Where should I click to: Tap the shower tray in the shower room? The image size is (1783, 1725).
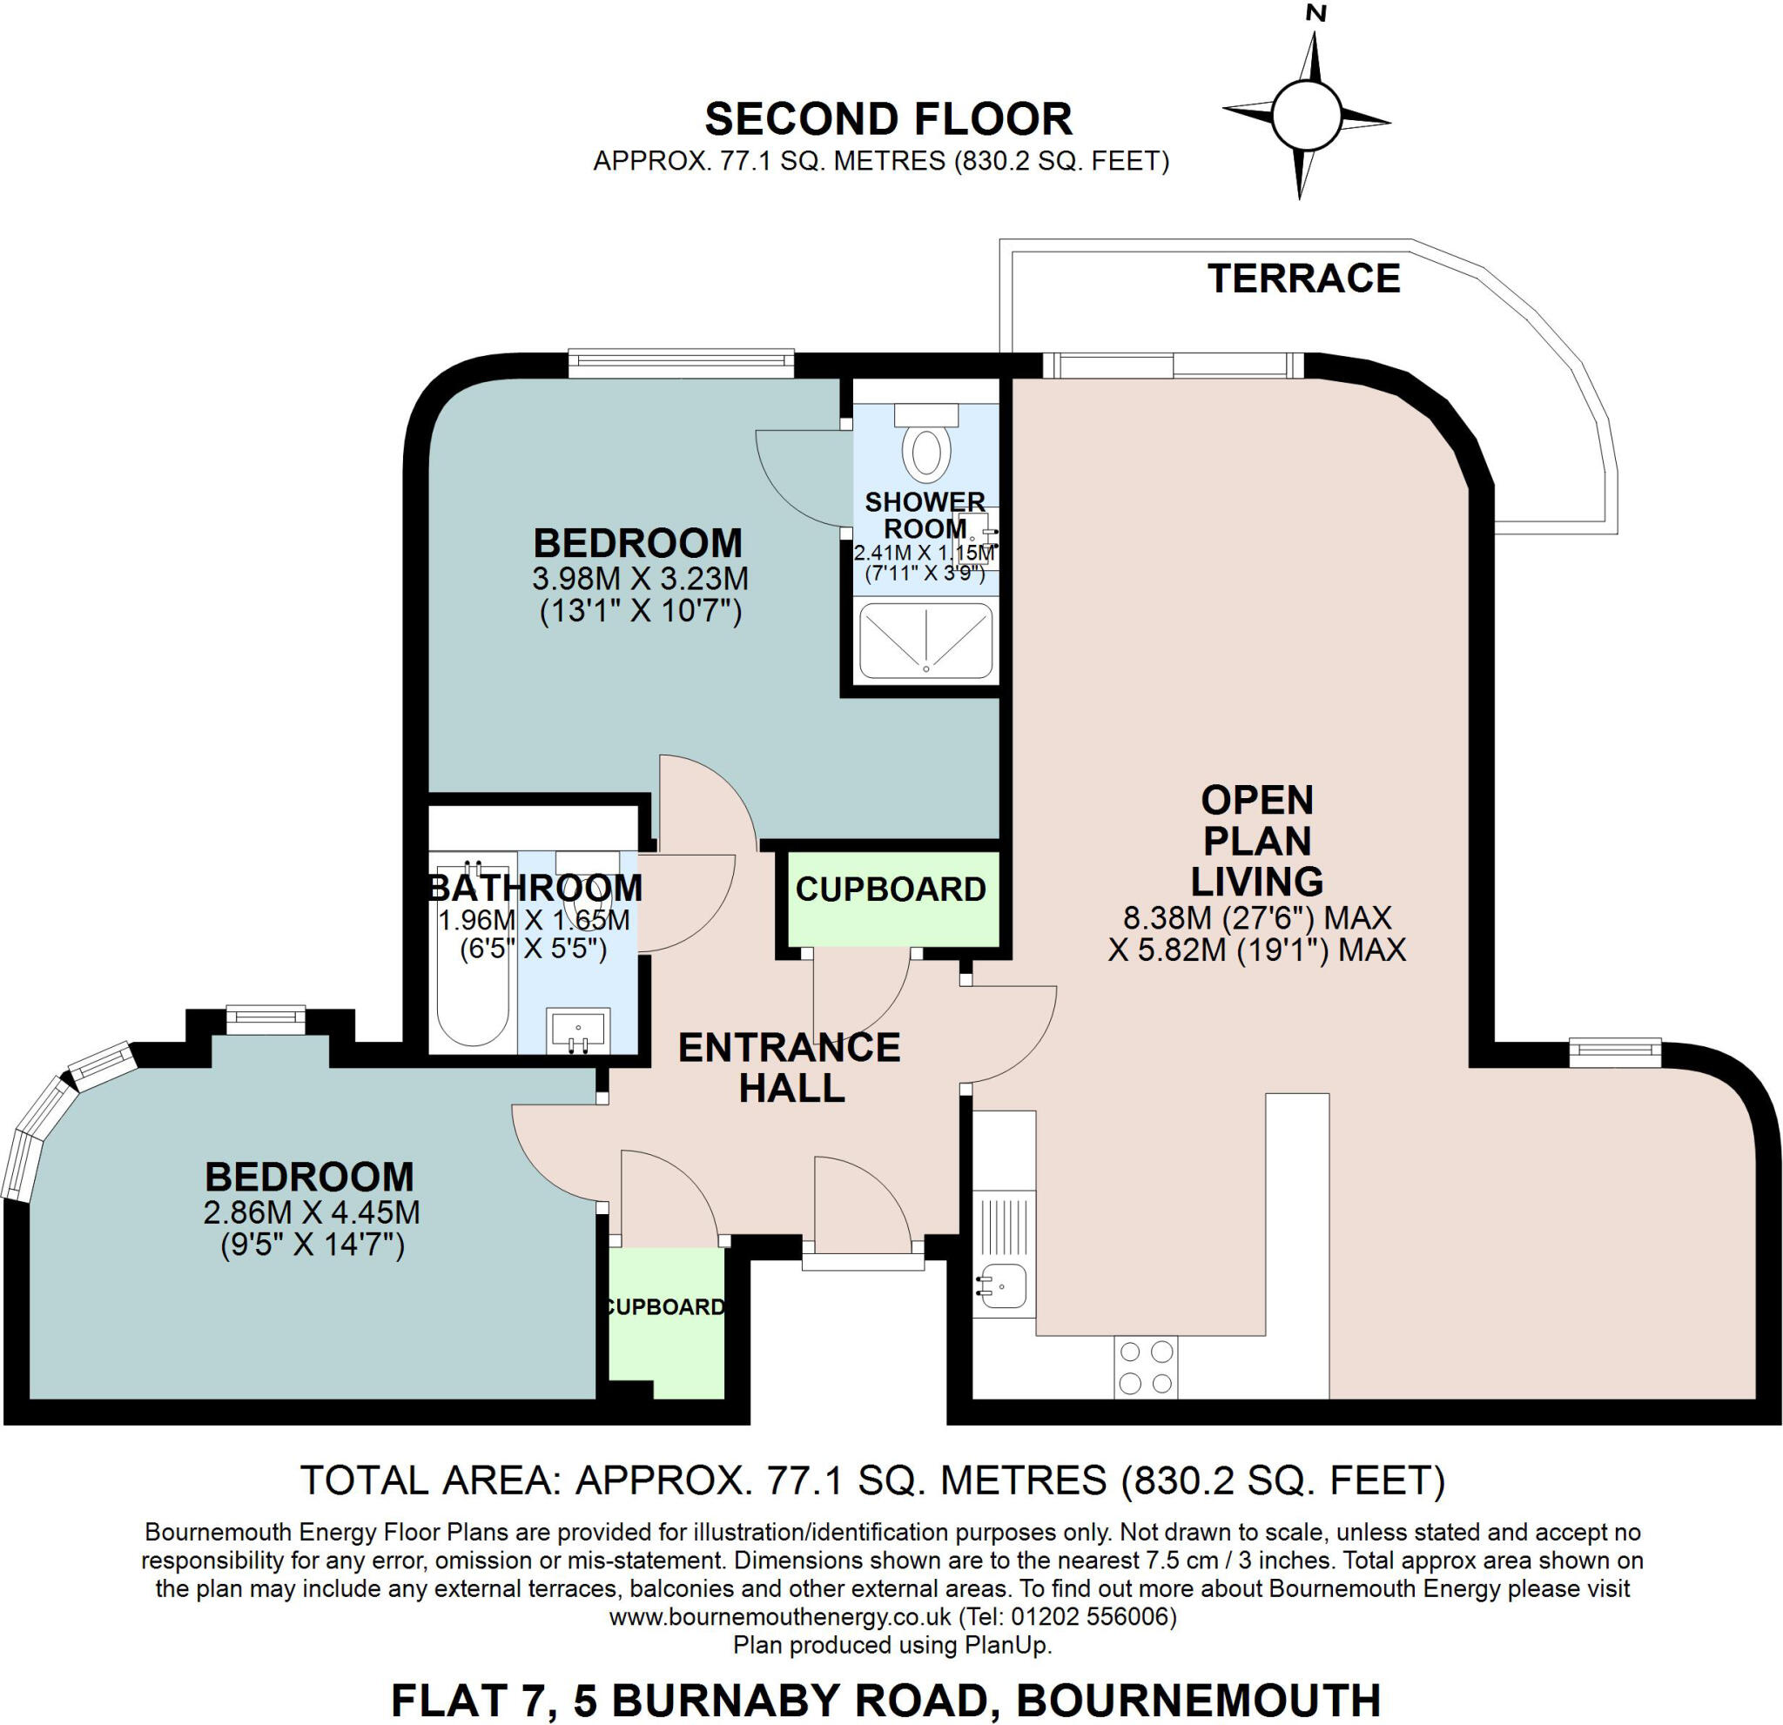pyautogui.click(x=925, y=641)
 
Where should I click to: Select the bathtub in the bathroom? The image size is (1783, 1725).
pyautogui.click(x=472, y=955)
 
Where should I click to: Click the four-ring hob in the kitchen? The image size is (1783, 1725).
pyautogui.click(x=1146, y=1366)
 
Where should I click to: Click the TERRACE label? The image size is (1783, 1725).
pyautogui.click(x=1303, y=279)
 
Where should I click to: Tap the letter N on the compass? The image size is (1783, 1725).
pyautogui.click(x=1315, y=13)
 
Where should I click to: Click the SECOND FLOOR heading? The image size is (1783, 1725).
pyautogui.click(x=888, y=119)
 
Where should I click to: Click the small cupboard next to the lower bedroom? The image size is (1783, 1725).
pyautogui.click(x=666, y=1320)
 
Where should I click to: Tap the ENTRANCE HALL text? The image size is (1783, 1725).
pyautogui.click(x=790, y=1068)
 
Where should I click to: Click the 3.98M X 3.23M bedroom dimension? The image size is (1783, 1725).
pyautogui.click(x=640, y=578)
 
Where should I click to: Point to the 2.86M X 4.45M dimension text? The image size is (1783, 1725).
pyautogui.click(x=312, y=1212)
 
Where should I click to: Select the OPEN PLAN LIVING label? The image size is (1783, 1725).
pyautogui.click(x=1257, y=841)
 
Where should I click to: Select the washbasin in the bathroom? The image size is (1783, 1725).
pyautogui.click(x=579, y=1030)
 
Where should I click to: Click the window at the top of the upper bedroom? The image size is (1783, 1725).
pyautogui.click(x=682, y=364)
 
